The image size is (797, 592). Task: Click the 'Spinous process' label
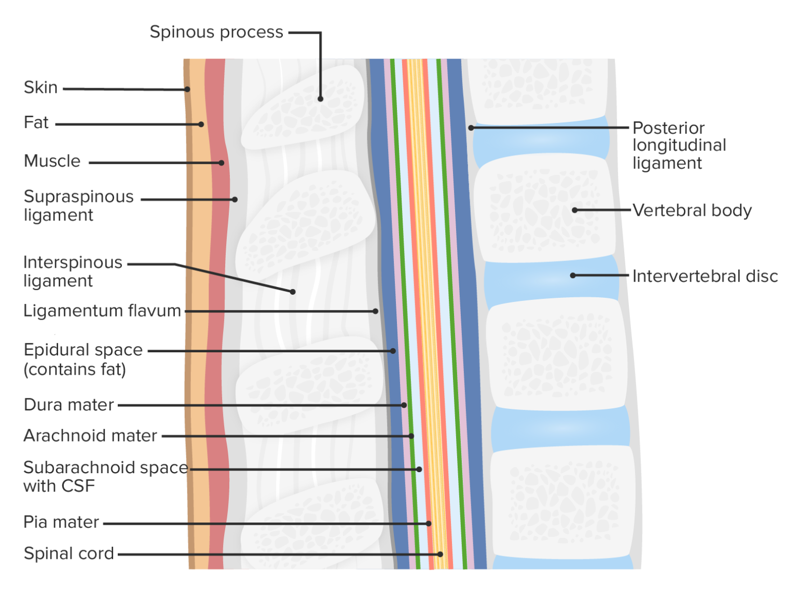(x=216, y=32)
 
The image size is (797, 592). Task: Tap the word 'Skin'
(x=40, y=88)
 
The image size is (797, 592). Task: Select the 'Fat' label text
(x=36, y=123)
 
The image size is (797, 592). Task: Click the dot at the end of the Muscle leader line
(x=222, y=163)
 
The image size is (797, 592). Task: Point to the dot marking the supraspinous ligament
(x=235, y=199)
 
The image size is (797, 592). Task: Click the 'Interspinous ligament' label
(x=73, y=271)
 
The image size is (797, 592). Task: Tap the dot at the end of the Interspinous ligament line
(x=293, y=292)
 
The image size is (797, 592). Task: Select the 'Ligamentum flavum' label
(x=102, y=311)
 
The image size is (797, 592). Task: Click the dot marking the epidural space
(x=393, y=351)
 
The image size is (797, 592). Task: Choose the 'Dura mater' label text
(x=68, y=405)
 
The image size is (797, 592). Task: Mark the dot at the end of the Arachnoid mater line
(x=411, y=436)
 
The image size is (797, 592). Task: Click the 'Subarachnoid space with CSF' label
(x=105, y=477)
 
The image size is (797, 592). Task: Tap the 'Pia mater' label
(x=61, y=522)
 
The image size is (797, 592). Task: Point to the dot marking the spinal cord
(x=440, y=554)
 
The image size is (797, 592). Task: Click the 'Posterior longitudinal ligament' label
(x=679, y=145)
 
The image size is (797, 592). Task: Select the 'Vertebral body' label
(x=692, y=211)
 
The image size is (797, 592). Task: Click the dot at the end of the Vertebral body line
(x=574, y=210)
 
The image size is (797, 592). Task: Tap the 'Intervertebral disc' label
(x=705, y=277)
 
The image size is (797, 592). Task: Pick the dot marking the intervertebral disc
(x=573, y=276)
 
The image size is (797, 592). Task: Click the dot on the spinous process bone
(x=321, y=99)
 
